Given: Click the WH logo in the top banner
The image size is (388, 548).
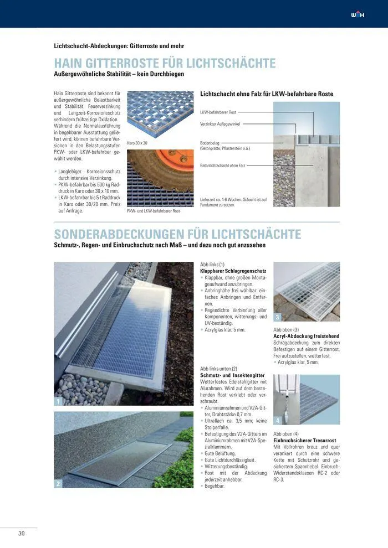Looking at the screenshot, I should [x=359, y=14].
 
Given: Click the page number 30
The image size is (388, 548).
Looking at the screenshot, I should [x=22, y=534].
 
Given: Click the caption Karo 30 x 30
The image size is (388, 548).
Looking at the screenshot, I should [x=137, y=143].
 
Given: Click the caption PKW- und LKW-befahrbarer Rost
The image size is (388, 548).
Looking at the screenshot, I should [x=154, y=211].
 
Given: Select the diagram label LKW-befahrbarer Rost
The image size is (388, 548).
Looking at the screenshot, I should [x=218, y=112].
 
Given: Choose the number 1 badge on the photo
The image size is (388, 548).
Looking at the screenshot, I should [x=58, y=401].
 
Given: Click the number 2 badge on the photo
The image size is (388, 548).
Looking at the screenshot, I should [x=58, y=484].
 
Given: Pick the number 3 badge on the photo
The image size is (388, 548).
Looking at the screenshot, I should [x=278, y=317].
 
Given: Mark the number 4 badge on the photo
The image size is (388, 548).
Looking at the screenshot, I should [x=278, y=421].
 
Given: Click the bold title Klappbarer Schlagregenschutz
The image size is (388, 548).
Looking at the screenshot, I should [x=233, y=271].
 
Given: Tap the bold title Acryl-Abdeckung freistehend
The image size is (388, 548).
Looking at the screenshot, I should [x=307, y=336].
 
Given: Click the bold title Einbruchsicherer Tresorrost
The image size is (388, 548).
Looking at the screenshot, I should [x=305, y=441].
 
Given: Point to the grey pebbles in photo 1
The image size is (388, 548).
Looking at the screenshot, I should [x=80, y=387].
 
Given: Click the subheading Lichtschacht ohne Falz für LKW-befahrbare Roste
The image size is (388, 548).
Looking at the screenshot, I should [x=267, y=94].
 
